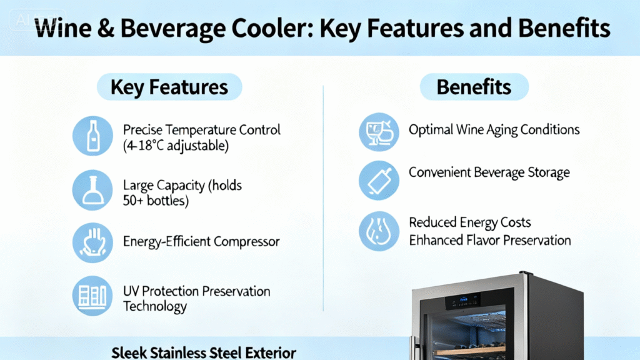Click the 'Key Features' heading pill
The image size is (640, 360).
point(169,87)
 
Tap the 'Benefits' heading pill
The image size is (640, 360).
point(474,87)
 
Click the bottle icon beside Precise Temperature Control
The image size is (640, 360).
point(92,136)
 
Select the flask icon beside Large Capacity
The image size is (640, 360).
point(92,190)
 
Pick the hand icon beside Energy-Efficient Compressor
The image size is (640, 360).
point(92,242)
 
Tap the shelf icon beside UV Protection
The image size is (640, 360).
point(92,296)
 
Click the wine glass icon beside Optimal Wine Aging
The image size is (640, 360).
point(379,132)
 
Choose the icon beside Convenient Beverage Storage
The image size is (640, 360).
point(379,181)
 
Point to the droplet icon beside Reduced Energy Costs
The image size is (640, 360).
point(379,231)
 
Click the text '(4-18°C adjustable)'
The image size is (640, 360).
point(176,146)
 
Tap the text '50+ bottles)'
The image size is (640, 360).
point(156,201)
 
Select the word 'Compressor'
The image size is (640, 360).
point(246,242)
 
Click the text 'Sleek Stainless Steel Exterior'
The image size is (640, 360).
point(204,352)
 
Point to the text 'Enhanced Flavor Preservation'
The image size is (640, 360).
point(490,241)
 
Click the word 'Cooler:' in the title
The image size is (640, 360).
point(272,28)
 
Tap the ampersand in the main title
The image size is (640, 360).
point(106,28)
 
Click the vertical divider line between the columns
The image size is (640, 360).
point(323,198)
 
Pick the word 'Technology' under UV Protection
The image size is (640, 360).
point(155,306)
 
